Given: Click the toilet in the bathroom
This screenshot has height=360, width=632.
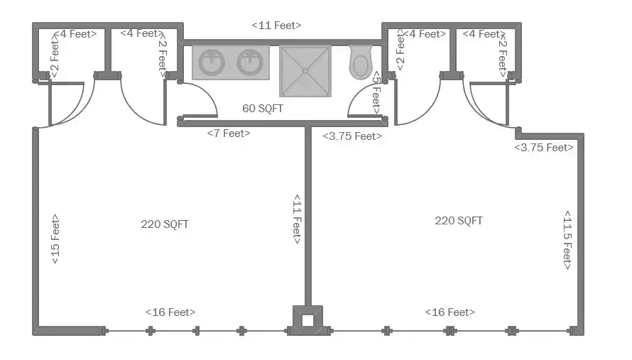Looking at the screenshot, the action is (360, 62).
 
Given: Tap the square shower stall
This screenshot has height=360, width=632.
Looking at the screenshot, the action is (305, 71).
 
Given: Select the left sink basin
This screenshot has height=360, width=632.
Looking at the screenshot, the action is (211, 62).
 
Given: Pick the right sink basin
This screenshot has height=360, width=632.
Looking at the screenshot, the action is (250, 62).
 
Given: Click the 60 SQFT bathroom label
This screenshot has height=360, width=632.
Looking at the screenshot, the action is (263, 109).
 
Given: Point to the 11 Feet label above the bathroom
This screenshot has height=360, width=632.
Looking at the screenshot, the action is (276, 26).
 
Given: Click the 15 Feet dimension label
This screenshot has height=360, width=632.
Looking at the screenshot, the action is (55, 239).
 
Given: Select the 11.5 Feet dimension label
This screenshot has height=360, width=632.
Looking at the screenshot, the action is (567, 240).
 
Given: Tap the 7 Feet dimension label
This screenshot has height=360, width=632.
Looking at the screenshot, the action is (229, 133).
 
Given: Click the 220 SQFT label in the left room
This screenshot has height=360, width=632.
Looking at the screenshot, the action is (165, 224).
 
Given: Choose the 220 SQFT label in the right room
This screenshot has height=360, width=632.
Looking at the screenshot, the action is (458, 221).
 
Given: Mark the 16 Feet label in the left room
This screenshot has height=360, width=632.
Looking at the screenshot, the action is (170, 312).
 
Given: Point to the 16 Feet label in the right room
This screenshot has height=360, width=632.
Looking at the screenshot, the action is (450, 312).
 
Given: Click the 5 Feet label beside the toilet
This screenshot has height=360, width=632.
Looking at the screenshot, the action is (376, 93).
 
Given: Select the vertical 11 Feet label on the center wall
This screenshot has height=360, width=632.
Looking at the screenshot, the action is (297, 219).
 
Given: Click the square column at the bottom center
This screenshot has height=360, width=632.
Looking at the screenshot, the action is (307, 320).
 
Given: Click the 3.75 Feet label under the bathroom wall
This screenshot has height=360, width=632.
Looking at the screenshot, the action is (352, 136).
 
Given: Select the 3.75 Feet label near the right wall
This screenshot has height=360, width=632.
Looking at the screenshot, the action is (544, 148).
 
